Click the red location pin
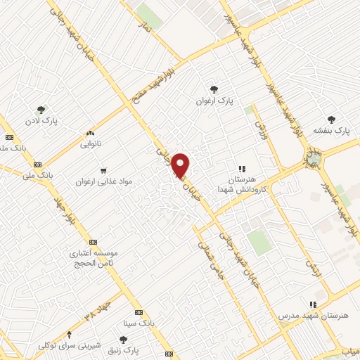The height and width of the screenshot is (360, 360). coord(182,165)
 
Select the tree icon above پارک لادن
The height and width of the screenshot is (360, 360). coord(41,110)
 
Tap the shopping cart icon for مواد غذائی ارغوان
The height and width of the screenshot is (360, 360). coord(104,169)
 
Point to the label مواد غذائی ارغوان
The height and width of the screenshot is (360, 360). coord(104,181)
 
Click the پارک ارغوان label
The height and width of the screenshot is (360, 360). coord(214,101)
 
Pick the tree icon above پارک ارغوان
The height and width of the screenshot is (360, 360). coord(214,89)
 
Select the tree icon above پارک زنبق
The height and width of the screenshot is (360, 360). coord(123,340)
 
